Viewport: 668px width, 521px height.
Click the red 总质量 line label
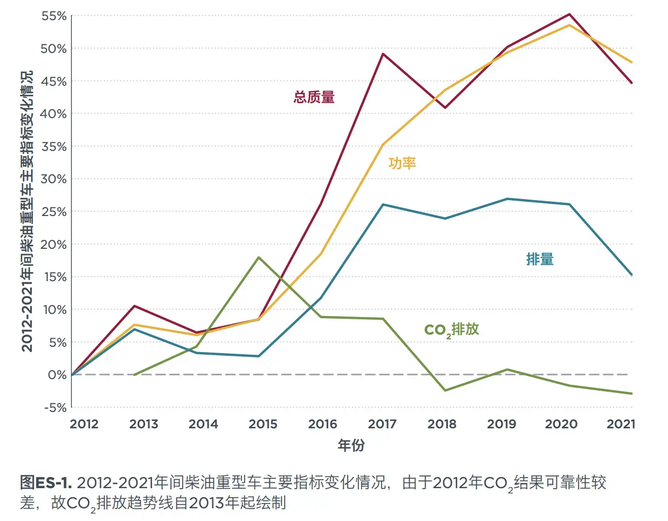pos(314,97)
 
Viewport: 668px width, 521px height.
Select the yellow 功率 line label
pos(402,163)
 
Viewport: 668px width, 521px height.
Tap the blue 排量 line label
pos(540,259)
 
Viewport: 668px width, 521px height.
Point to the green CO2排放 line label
pos(452,329)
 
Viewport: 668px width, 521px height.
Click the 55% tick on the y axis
pos(54,16)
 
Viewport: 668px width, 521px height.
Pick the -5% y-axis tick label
pos(55,408)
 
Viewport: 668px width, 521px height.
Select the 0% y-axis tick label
pos(57,375)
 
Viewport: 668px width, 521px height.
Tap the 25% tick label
pos(54,212)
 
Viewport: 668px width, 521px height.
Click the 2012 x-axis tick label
pos(84,424)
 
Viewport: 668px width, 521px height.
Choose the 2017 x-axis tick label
pos(382,424)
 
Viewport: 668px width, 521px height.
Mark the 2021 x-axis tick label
pos(621,424)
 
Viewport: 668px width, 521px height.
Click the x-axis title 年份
pos(351,445)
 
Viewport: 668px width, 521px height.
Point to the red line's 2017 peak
pos(383,53)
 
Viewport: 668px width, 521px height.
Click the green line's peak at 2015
pos(258,257)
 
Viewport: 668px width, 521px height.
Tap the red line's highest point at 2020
pos(570,14)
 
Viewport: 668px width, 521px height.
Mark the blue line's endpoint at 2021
pos(631,275)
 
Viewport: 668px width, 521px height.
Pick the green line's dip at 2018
pos(445,390)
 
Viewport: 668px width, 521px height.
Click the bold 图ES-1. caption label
pos(46,483)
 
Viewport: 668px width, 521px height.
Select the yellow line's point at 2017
pos(383,144)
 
